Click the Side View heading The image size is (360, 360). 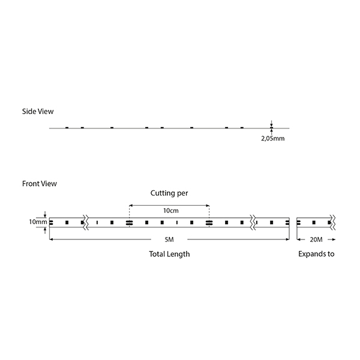pos(38,112)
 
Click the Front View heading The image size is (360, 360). pos(40,184)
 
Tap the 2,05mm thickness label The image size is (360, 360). pos(273,139)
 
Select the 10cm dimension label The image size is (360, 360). pos(171,211)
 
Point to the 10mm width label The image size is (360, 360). pos(38,222)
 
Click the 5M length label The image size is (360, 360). pos(169,239)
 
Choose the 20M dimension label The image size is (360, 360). pos(316,239)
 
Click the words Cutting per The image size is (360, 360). pos(169,193)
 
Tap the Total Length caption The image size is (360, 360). pos(169,254)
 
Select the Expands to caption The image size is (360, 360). pos(316,254)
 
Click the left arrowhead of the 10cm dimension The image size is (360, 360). pos(131,205)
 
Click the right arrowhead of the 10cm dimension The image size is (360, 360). pos(208,205)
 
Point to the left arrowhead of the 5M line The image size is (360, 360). pos(51,239)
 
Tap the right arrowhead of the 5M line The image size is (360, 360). pos(287,239)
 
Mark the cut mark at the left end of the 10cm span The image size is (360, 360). pos(129,223)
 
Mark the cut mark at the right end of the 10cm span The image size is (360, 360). pos(209,223)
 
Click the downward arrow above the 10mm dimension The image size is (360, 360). pos(45,214)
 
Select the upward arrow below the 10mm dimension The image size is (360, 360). pos(45,230)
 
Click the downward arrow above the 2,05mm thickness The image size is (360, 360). pos(271,124)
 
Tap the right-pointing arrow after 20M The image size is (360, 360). pos(332,239)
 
